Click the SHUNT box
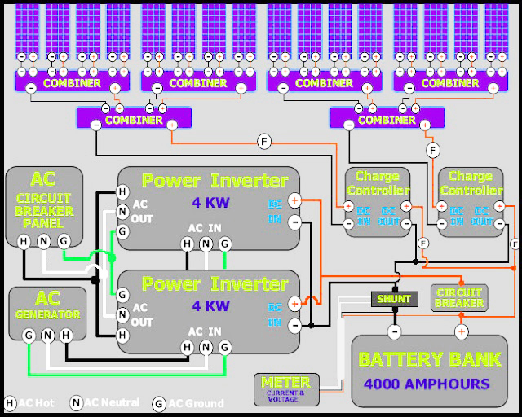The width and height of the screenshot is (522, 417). click(x=395, y=299)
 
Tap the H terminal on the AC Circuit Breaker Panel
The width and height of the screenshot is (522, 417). click(x=24, y=240)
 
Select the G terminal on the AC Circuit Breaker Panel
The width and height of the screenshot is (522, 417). click(x=64, y=240)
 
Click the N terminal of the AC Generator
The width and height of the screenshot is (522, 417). click(x=48, y=335)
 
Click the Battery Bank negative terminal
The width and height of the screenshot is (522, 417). click(x=394, y=331)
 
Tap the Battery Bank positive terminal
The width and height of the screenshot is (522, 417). click(x=461, y=331)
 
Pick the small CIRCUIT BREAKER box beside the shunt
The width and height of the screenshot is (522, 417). click(x=458, y=297)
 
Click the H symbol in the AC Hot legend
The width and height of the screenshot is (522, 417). click(x=10, y=403)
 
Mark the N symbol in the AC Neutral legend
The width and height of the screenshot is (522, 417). click(x=76, y=403)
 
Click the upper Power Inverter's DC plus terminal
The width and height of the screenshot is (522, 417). click(x=294, y=200)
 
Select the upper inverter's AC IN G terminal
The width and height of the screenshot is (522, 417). click(x=226, y=243)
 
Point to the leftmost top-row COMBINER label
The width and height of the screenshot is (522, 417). click(x=72, y=83)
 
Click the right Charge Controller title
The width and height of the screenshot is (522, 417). click(x=471, y=183)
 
